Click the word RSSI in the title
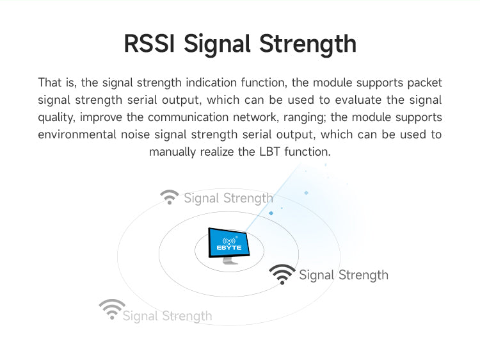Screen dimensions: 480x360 click(x=149, y=44)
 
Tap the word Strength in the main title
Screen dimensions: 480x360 click(x=308, y=45)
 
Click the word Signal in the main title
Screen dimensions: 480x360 click(x=217, y=45)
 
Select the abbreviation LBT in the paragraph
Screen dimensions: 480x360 click(x=269, y=152)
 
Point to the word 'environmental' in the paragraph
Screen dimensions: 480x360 click(x=77, y=135)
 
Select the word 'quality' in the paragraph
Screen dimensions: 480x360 click(x=56, y=118)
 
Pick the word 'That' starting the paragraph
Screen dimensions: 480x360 click(x=49, y=83)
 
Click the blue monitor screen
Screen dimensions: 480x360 click(x=228, y=243)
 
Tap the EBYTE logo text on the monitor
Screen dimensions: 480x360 click(x=228, y=247)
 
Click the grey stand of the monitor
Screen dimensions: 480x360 click(x=230, y=261)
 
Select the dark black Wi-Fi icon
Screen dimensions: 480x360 click(x=282, y=274)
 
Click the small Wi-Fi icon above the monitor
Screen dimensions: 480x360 click(x=170, y=197)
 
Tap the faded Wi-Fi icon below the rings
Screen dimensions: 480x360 click(x=112, y=309)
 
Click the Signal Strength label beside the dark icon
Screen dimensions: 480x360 click(x=344, y=275)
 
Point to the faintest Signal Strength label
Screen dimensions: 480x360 click(x=167, y=316)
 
